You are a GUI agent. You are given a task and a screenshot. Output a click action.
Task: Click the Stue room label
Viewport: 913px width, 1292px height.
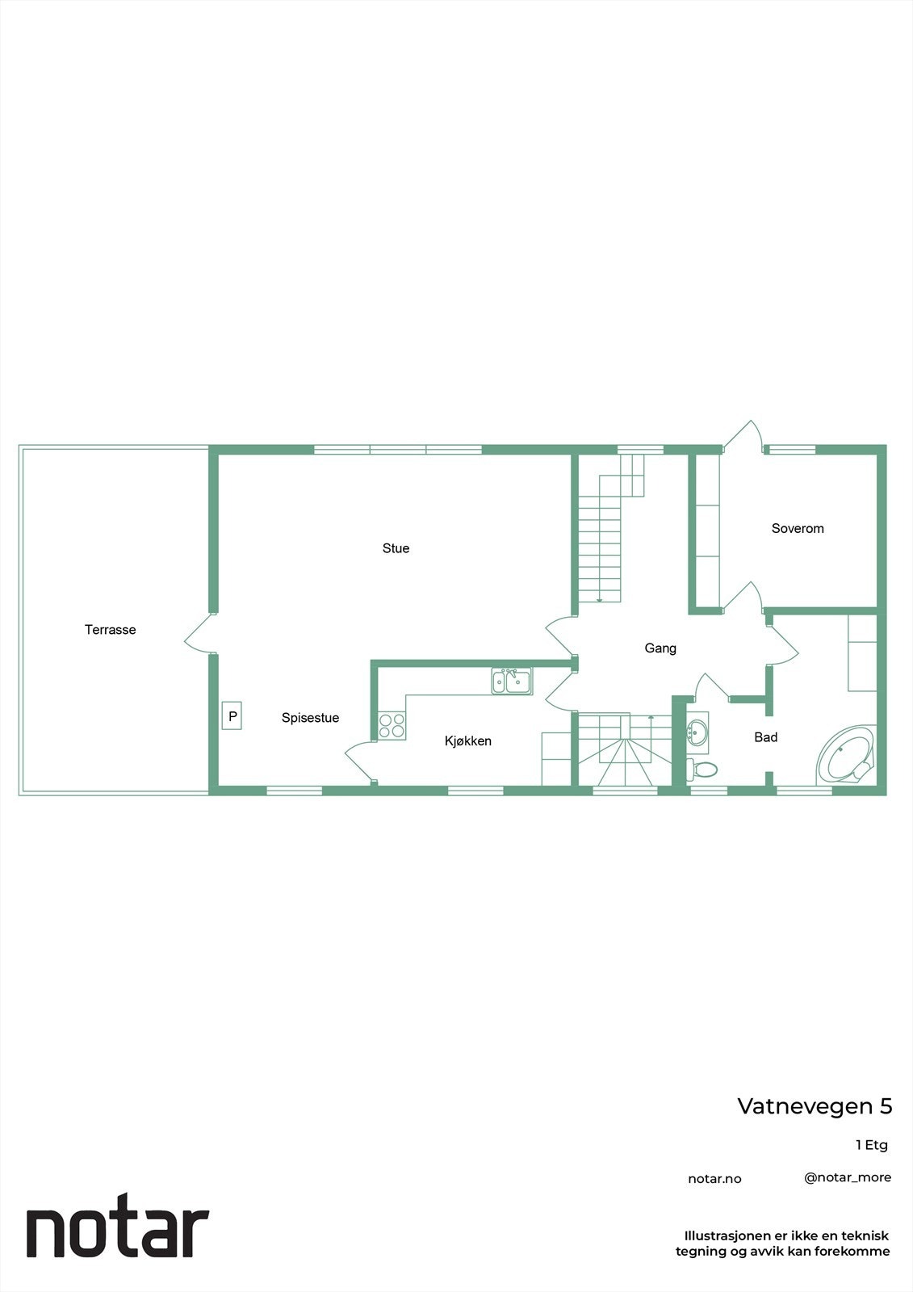[396, 548]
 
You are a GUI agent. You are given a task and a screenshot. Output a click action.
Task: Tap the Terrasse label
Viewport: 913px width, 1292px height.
[110, 630]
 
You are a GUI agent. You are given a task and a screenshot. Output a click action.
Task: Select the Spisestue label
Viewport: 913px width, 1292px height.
[310, 718]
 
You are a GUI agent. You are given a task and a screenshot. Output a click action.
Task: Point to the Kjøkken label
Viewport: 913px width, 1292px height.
[467, 741]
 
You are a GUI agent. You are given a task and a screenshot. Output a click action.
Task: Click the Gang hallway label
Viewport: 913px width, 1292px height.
[660, 648]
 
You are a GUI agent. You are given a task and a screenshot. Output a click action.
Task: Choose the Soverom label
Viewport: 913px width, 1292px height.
[798, 529]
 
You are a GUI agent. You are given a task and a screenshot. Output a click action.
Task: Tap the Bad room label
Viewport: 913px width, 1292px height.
[765, 737]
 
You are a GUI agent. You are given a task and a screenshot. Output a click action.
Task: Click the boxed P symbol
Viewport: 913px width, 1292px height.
[232, 716]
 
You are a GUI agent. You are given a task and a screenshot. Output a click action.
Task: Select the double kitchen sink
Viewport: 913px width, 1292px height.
[512, 682]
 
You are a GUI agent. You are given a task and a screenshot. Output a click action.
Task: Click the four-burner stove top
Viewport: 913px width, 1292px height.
[392, 725]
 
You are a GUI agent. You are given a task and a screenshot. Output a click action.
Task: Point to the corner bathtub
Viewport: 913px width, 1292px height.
[846, 755]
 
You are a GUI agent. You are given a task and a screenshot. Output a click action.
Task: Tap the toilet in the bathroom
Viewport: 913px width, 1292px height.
[702, 769]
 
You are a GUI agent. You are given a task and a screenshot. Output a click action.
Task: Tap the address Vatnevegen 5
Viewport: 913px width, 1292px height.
[815, 1106]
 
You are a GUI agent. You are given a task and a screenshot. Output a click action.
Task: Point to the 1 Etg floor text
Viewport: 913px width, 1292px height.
[871, 1145]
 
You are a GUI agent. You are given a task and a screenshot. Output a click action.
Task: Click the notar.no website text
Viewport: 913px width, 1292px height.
[714, 1179]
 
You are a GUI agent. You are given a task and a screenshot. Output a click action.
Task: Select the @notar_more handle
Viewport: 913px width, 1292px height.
[848, 1177]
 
